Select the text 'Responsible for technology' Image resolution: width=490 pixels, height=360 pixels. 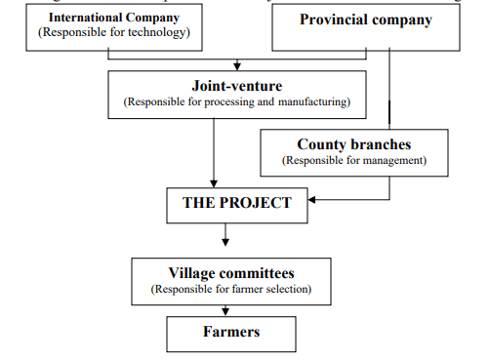113,33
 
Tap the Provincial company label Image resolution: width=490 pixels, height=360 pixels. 365,20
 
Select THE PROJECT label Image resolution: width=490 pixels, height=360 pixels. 237,203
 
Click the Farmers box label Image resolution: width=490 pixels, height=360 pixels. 231,332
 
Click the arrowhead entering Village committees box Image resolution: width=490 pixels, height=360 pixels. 227,242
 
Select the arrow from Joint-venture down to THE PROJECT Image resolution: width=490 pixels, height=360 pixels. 214,146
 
